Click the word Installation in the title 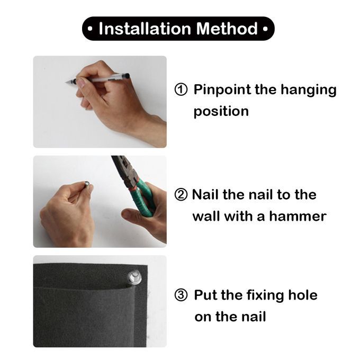click(x=145, y=29)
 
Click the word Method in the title click(x=227, y=29)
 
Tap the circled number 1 click(x=181, y=89)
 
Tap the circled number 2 click(x=181, y=195)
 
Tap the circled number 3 click(x=181, y=295)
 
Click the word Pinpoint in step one click(x=222, y=90)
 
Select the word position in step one click(x=221, y=112)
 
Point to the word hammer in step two click(x=298, y=217)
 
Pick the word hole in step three click(x=303, y=295)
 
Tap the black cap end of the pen click(x=127, y=76)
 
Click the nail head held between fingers click(x=87, y=184)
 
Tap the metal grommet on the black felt click(x=134, y=277)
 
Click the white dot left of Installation click(x=90, y=29)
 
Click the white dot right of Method click(x=265, y=29)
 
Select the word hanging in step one click(x=309, y=90)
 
